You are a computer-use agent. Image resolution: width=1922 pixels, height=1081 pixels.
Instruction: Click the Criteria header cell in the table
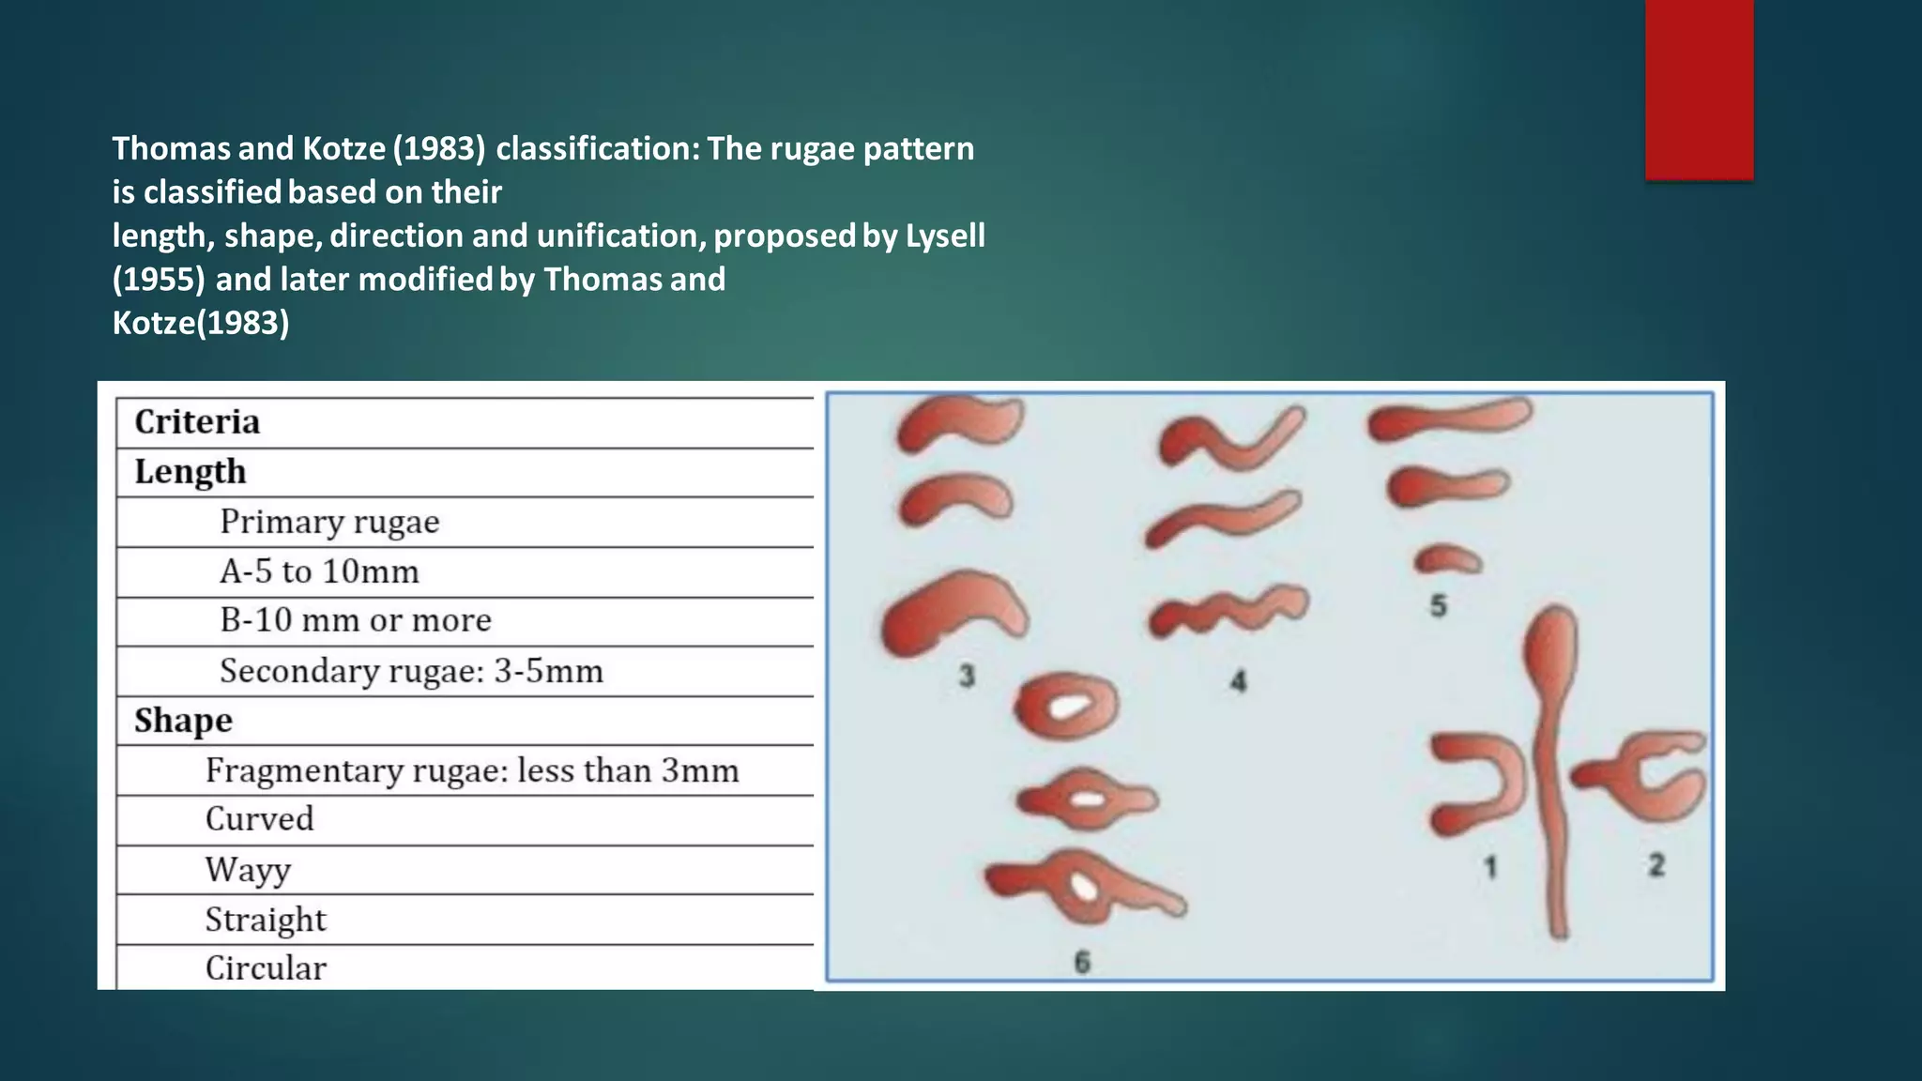click(197, 422)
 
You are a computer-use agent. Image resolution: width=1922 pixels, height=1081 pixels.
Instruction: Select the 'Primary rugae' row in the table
click(329, 522)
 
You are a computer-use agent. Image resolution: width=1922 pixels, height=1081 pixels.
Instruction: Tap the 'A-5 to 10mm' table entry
click(319, 571)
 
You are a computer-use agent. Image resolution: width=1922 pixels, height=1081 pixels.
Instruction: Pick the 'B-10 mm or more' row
click(356, 620)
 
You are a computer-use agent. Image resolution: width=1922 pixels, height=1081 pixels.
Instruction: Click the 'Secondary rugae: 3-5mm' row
click(411, 671)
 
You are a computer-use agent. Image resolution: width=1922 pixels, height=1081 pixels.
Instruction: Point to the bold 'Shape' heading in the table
click(183, 721)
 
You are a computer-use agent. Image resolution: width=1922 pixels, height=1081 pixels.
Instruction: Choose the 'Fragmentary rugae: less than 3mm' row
click(472, 770)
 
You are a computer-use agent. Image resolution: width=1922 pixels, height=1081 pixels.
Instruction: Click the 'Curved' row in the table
click(260, 819)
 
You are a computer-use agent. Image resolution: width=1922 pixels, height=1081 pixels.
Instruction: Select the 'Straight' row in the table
click(266, 920)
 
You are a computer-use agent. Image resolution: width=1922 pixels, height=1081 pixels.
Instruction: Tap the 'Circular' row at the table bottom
click(266, 968)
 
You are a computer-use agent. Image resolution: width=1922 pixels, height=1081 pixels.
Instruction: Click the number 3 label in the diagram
click(968, 675)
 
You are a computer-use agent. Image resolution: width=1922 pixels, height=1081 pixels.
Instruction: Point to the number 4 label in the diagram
click(1238, 681)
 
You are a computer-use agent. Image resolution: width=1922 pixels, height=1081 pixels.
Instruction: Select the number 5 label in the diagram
click(1439, 606)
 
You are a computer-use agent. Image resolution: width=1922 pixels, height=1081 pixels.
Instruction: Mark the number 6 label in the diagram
click(1082, 962)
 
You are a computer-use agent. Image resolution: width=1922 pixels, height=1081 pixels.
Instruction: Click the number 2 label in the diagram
click(1656, 864)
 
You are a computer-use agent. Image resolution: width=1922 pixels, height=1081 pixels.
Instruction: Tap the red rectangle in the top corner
click(1699, 89)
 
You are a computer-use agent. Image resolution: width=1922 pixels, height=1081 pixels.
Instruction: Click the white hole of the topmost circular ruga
click(1068, 706)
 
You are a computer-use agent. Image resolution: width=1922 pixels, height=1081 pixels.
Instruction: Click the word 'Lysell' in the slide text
click(945, 236)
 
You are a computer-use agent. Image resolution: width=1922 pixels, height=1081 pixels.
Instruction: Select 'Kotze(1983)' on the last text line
click(201, 323)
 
